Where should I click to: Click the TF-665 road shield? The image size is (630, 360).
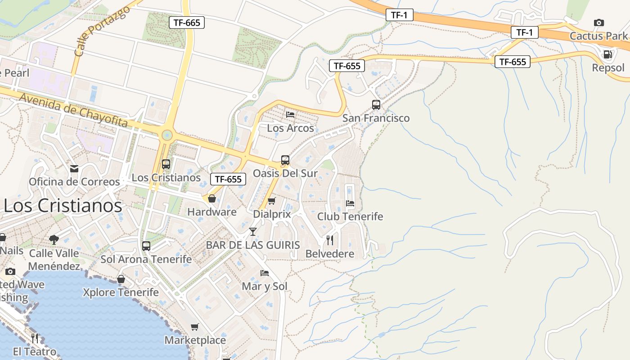(186, 22)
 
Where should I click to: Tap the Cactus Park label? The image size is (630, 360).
(598, 36)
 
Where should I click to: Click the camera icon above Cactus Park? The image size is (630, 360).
(598, 22)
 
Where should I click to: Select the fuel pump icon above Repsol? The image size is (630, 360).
(607, 55)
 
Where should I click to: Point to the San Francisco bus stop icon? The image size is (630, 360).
(376, 105)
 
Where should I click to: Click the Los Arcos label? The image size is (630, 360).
(290, 128)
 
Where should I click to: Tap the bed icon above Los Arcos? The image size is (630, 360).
(290, 115)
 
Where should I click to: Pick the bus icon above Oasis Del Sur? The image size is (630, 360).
(285, 160)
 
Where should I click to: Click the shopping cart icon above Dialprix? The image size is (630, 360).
(271, 201)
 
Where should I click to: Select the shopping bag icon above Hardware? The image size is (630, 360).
(211, 198)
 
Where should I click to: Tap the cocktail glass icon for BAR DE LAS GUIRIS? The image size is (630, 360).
(252, 232)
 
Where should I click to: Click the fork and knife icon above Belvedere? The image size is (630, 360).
(330, 240)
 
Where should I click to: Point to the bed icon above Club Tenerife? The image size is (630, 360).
(350, 203)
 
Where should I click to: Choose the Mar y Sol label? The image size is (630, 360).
(265, 286)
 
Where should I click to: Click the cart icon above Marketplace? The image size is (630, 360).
(194, 327)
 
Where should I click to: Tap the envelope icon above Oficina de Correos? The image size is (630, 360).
(74, 169)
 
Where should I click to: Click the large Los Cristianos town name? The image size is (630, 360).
(63, 206)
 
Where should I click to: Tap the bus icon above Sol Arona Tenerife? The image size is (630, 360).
(146, 246)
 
